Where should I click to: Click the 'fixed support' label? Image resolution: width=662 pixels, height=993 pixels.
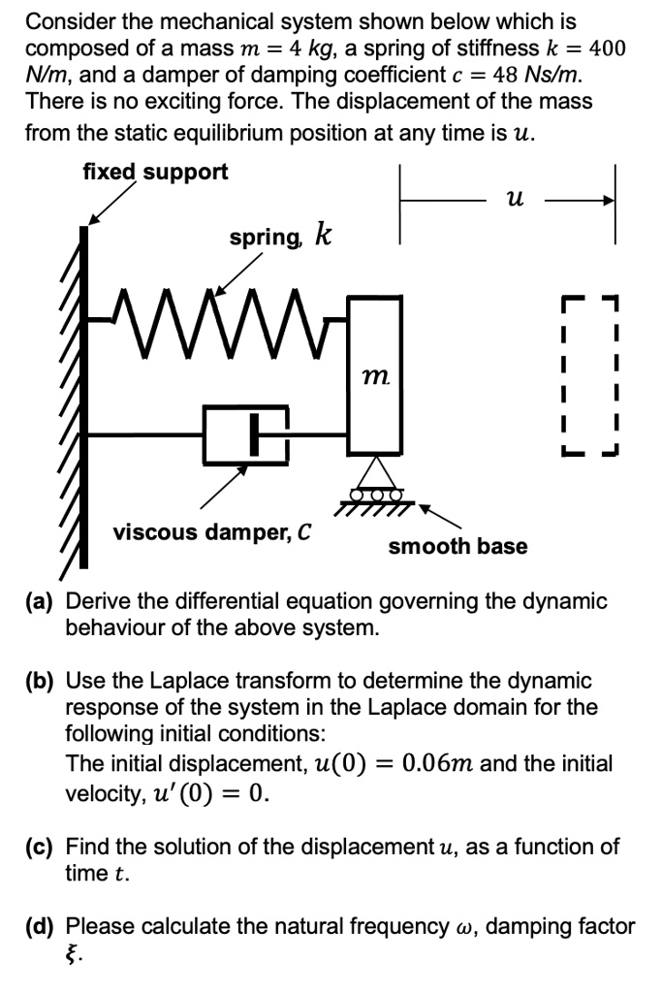tap(155, 173)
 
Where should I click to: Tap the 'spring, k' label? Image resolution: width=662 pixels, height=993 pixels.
tap(280, 236)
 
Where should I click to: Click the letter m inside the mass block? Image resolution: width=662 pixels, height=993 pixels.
tap(374, 373)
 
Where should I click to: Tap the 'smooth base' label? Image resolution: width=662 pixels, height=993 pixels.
tap(457, 546)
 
